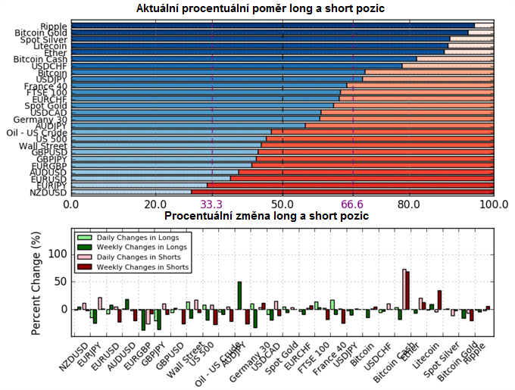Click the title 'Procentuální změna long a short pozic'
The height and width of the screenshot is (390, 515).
point(267,216)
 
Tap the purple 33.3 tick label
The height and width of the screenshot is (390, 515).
point(211,204)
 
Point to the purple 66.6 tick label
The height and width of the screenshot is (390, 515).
point(353,204)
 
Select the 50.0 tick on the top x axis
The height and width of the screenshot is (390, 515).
point(282,204)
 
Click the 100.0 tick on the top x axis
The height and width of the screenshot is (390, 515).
point(494,204)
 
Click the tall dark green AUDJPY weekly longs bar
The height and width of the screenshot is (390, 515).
point(240,295)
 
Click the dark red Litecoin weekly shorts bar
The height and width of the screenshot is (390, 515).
point(439,300)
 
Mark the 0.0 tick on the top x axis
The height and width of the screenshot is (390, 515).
point(71,204)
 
